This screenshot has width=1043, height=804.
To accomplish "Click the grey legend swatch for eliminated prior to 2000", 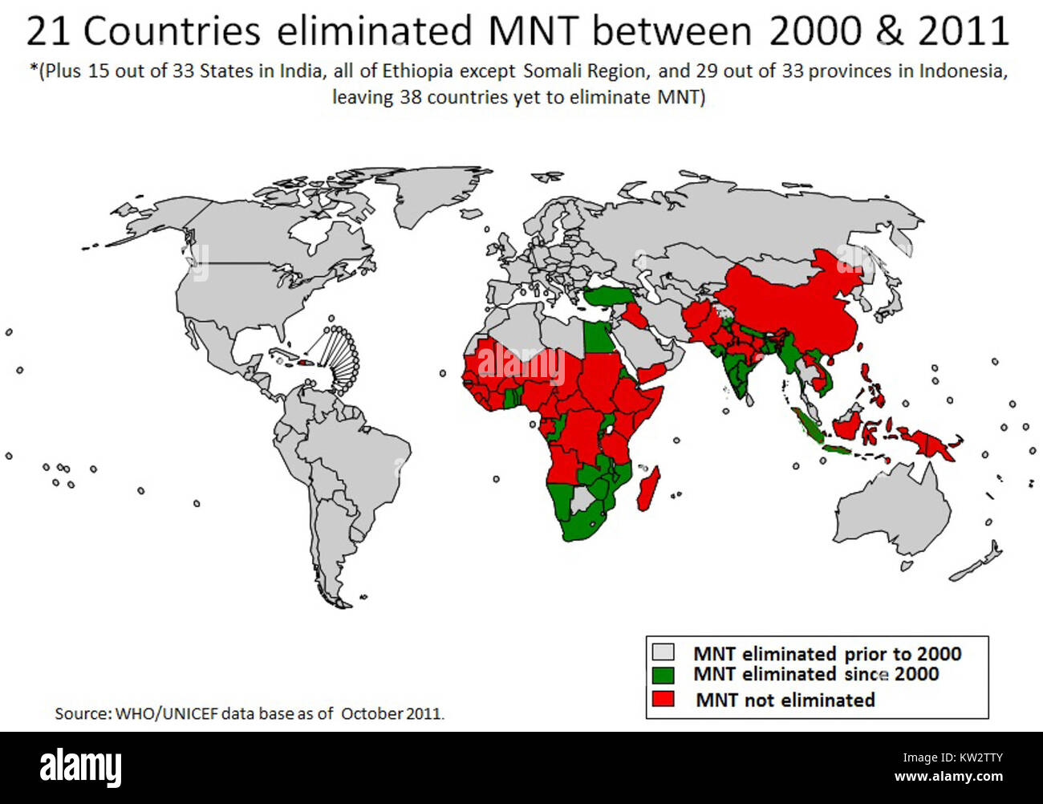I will click(x=663, y=652).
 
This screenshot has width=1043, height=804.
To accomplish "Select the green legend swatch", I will click(x=663, y=675).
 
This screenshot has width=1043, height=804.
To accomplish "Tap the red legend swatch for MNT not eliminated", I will click(x=663, y=699).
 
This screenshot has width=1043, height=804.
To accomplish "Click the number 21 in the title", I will click(x=49, y=32).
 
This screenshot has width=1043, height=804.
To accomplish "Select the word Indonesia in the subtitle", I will click(x=962, y=71).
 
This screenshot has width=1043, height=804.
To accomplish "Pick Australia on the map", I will click(x=891, y=514).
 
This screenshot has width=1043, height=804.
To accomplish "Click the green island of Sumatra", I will click(x=810, y=429).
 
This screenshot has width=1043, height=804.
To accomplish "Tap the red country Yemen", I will click(x=651, y=372).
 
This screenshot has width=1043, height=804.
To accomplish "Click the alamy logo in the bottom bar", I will click(x=80, y=768).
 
